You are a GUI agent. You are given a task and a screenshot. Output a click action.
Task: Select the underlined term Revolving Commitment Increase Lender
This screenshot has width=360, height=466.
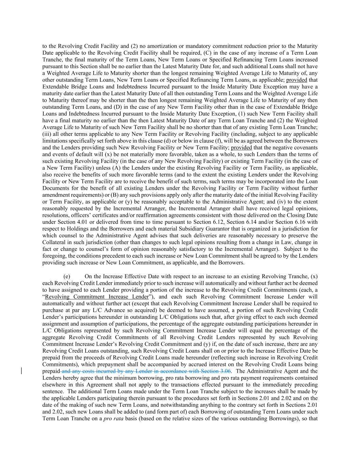(97, 297)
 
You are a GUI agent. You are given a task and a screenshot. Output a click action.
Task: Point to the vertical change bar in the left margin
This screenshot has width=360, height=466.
(22, 371)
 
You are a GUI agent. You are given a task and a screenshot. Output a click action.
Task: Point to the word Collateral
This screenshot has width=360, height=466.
(54, 242)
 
